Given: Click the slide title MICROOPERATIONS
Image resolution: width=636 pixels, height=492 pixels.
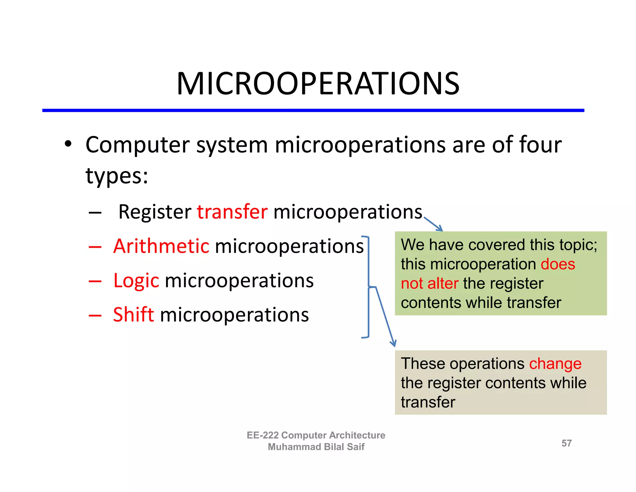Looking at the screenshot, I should [x=318, y=83].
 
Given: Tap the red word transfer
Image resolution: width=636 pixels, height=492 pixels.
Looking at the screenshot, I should [x=232, y=212].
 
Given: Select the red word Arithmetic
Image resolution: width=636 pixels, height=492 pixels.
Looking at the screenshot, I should [x=161, y=246].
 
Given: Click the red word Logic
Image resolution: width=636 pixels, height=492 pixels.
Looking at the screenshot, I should [x=136, y=281].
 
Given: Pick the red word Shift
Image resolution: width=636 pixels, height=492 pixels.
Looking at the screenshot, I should [x=133, y=314].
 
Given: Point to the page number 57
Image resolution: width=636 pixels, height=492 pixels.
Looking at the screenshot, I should [x=566, y=443].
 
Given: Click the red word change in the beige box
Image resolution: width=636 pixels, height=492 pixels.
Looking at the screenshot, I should [x=555, y=364].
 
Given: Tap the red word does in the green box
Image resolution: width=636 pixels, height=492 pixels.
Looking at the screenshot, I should [x=558, y=264].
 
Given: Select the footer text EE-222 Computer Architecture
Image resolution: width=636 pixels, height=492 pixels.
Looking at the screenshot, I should [x=316, y=435].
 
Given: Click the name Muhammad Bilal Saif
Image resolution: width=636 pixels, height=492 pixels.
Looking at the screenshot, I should [x=316, y=447].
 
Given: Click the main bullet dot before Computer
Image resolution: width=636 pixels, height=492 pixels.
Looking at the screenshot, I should [x=68, y=144].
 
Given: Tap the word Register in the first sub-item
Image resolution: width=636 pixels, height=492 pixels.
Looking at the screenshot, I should [x=155, y=212].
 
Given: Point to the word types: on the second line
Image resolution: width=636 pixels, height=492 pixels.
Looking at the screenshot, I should [x=117, y=176].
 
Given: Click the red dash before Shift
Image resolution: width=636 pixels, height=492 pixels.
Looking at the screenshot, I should [x=95, y=315].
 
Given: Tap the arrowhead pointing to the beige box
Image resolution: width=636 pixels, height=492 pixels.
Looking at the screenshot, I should [x=393, y=344].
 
